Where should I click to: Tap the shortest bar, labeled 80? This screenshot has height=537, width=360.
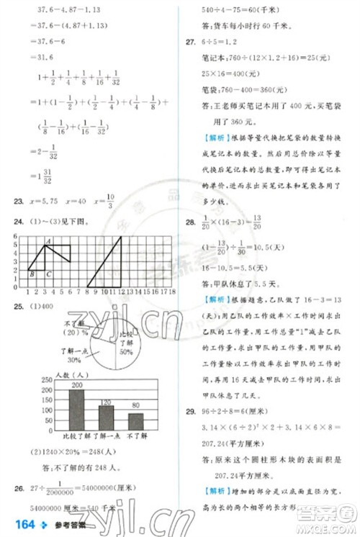click(135, 421)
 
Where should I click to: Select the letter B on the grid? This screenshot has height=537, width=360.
click(31, 274)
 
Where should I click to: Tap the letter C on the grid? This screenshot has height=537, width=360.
click(48, 274)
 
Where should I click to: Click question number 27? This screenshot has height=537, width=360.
click(190, 42)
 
